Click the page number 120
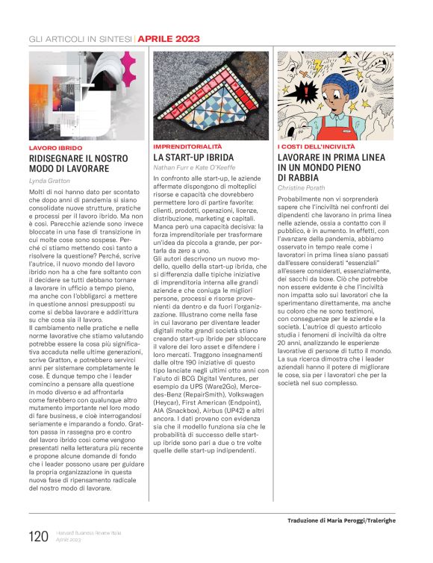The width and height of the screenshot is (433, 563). tap(39, 536)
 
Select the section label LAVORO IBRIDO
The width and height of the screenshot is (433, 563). tap(56, 148)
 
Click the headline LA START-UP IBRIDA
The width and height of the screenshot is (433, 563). tap(193, 158)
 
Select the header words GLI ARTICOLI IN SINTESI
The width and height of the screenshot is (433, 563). tap(80, 37)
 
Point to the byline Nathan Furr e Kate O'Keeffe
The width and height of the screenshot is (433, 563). tap(193, 169)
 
